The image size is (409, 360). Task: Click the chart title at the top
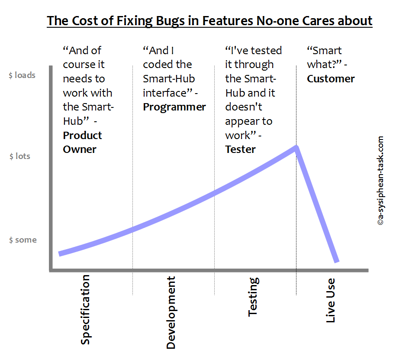point(209,20)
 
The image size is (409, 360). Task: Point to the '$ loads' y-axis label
point(22,75)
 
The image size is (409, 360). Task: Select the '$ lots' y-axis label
point(20,156)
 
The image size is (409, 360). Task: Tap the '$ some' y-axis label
point(23,240)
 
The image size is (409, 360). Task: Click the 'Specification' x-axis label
point(86,309)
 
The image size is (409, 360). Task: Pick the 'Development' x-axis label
point(171,312)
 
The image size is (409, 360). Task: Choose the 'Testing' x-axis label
point(253,297)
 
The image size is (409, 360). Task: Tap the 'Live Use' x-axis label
point(330,300)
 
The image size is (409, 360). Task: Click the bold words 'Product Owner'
point(82,142)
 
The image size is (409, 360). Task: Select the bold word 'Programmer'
point(174,107)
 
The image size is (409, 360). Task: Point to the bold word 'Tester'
point(240,149)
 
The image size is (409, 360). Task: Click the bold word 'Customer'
point(331,79)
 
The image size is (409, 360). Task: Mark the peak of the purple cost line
point(296,148)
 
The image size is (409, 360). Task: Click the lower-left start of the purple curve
point(60,253)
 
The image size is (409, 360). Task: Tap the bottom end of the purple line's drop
point(336,261)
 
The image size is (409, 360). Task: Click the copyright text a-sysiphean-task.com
point(380,181)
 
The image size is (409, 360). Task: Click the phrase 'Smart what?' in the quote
point(325,58)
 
